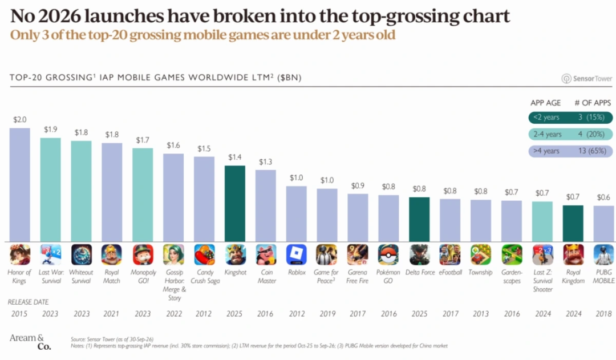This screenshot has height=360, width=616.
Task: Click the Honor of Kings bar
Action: pos(19,185)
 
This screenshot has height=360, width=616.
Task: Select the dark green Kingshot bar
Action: pos(235,204)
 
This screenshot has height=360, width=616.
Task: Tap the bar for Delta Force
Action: pos(419,219)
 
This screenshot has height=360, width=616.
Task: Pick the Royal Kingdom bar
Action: pos(573,223)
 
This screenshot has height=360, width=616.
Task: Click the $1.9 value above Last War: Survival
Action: pos(50,130)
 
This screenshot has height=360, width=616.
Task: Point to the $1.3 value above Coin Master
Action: pos(266,161)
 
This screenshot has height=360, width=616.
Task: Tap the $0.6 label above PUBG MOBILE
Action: pos(603,197)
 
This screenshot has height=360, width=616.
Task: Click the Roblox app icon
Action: pos(296,254)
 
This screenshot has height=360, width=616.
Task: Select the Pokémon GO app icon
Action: pos(388,254)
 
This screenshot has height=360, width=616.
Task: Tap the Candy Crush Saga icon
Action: pos(204,254)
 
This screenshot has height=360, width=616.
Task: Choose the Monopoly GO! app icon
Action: pos(143,254)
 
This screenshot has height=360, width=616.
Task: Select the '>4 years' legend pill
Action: pos(570,151)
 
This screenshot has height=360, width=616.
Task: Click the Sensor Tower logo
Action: pos(586,79)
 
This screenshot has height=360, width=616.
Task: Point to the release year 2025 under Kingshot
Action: pos(234,314)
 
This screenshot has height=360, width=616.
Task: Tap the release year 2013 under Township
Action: pos(480,314)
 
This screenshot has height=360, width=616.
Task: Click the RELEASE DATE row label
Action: pos(29,302)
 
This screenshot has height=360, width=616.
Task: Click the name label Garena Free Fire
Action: pos(358,276)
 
